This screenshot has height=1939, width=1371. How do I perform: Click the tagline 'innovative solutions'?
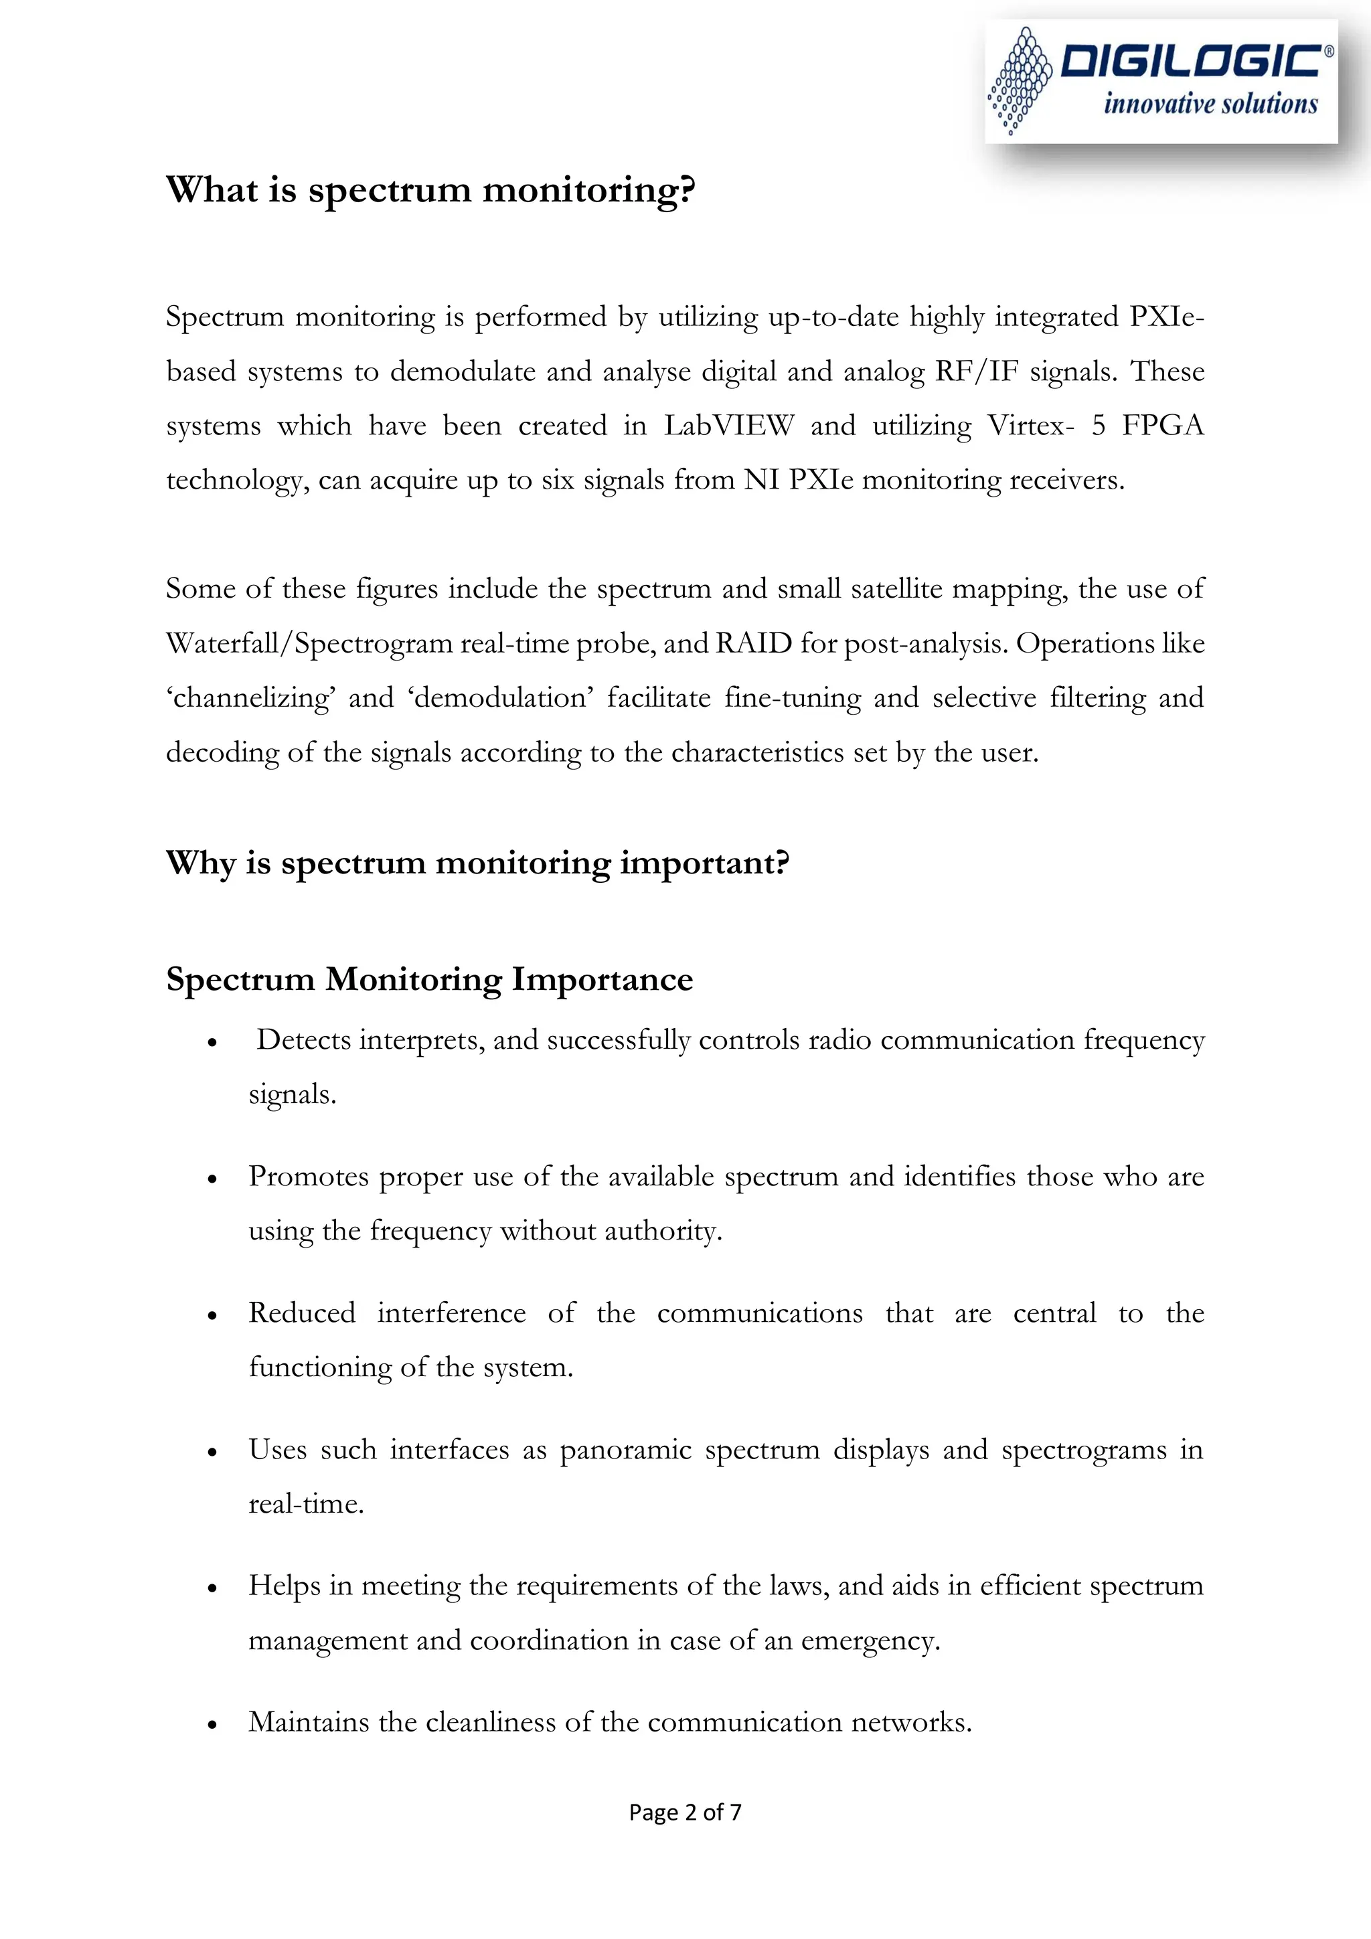1210,104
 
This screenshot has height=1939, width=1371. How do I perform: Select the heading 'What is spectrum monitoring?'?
431,189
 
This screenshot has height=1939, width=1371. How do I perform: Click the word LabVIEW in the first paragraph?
728,425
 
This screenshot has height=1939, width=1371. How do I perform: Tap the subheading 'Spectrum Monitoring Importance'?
429,979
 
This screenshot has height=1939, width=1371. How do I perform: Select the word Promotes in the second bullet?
309,1177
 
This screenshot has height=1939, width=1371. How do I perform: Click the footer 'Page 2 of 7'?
685,1812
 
